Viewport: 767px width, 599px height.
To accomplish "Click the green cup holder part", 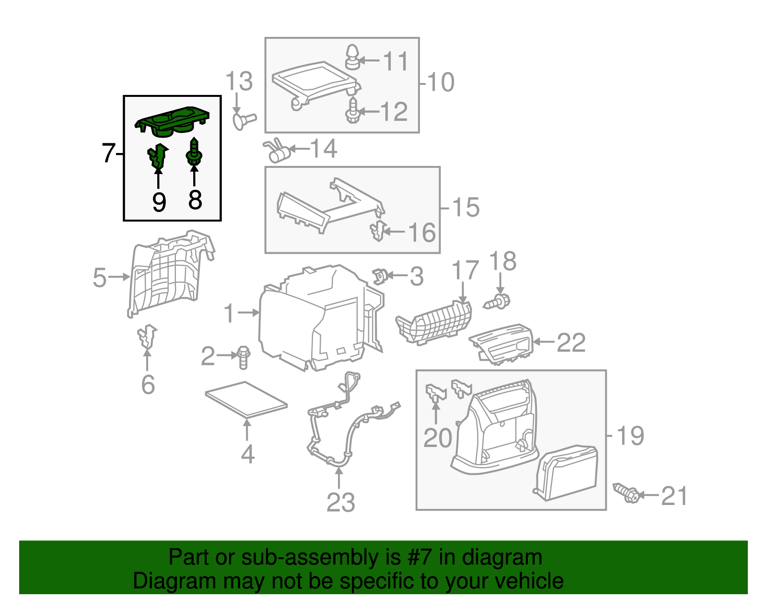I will (x=173, y=121).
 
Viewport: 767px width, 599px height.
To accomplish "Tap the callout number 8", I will (x=195, y=200).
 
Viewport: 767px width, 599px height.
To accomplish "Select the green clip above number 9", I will (x=157, y=155).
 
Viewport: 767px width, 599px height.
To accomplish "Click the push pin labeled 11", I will (x=352, y=57).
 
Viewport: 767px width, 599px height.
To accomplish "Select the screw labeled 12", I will (x=352, y=112).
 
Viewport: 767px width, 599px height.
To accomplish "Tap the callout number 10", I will (x=441, y=82).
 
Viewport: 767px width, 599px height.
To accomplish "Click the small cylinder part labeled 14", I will (x=279, y=153).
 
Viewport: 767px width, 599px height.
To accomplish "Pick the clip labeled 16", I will (x=378, y=232).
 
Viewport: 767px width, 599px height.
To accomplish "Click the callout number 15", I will (x=465, y=207).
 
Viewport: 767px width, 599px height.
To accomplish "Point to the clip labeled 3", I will (x=380, y=276).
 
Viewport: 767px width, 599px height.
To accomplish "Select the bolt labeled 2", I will (x=244, y=357).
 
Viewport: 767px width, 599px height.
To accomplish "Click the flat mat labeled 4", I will (x=246, y=398).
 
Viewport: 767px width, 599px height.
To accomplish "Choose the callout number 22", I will (x=571, y=342).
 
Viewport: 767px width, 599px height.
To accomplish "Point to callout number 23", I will (x=340, y=503).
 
